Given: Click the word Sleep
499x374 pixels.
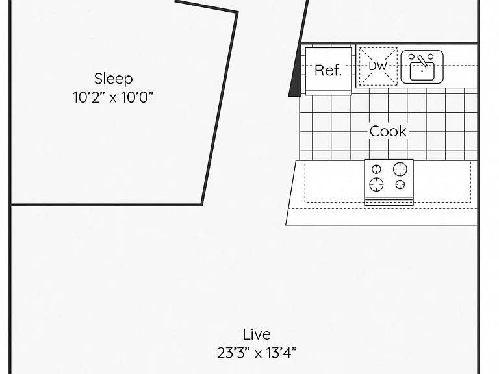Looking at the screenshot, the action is click(x=113, y=79).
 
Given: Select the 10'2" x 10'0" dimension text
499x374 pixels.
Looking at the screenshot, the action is click(x=113, y=97).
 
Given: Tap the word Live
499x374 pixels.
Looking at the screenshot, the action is click(x=257, y=334).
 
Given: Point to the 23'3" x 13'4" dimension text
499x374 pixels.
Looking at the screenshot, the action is click(x=257, y=353).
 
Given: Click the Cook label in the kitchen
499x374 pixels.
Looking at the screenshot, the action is click(x=388, y=131).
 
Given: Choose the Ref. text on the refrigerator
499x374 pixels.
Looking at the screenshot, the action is click(x=328, y=70).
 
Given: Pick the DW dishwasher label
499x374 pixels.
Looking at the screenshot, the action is click(x=377, y=66).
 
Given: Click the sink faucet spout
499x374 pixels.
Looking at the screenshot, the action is click(x=422, y=62).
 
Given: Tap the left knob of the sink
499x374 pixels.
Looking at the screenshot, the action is click(x=411, y=56).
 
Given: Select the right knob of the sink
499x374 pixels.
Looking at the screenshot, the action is click(x=430, y=56).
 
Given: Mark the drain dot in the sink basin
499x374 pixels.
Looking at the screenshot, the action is click(x=422, y=71).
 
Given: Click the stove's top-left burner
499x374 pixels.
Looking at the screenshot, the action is click(x=376, y=169).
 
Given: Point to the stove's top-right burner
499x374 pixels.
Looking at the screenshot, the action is click(x=400, y=169).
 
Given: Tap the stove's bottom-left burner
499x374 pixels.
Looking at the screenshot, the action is click(x=376, y=184).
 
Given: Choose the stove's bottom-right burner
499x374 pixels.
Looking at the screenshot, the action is click(x=400, y=184).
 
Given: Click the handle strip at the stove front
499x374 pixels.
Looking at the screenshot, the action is click(x=389, y=201).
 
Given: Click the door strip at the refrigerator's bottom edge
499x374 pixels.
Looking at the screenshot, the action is click(x=328, y=93).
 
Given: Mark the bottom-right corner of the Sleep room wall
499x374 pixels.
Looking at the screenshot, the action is click(x=202, y=205).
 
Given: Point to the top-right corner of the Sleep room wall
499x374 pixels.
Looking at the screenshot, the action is click(x=237, y=12).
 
